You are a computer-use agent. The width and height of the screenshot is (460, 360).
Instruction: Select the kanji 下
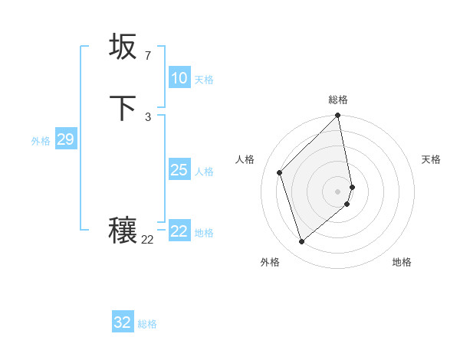click(123, 109)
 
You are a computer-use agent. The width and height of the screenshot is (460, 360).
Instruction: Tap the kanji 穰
click(123, 231)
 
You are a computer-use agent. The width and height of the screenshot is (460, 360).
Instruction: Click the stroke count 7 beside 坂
click(147, 56)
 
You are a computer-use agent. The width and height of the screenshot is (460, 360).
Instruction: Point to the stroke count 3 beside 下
click(147, 116)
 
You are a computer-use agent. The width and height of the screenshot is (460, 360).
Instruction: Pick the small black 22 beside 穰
click(147, 240)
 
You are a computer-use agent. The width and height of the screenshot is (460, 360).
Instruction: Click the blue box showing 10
click(179, 78)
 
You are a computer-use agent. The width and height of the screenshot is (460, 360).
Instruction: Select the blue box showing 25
click(179, 170)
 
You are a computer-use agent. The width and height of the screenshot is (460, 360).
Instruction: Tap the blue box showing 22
click(179, 231)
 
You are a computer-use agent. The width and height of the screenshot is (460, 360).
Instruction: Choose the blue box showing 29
click(65, 139)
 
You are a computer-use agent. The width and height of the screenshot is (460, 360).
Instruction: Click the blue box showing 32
click(123, 322)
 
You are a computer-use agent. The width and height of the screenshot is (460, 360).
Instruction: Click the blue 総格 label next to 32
click(147, 324)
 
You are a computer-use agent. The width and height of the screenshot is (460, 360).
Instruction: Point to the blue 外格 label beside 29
click(41, 141)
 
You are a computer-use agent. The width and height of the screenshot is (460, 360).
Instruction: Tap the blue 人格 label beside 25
click(205, 172)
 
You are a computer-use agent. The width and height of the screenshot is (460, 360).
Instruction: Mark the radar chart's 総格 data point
click(338, 116)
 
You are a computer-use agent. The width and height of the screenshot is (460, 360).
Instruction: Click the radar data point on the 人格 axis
click(280, 172)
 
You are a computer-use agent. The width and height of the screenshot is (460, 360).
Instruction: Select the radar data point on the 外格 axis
click(301, 242)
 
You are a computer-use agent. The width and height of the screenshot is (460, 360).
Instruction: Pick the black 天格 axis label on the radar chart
click(431, 159)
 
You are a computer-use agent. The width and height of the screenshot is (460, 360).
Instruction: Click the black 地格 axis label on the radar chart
click(402, 262)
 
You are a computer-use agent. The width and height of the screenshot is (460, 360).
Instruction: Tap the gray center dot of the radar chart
click(338, 191)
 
